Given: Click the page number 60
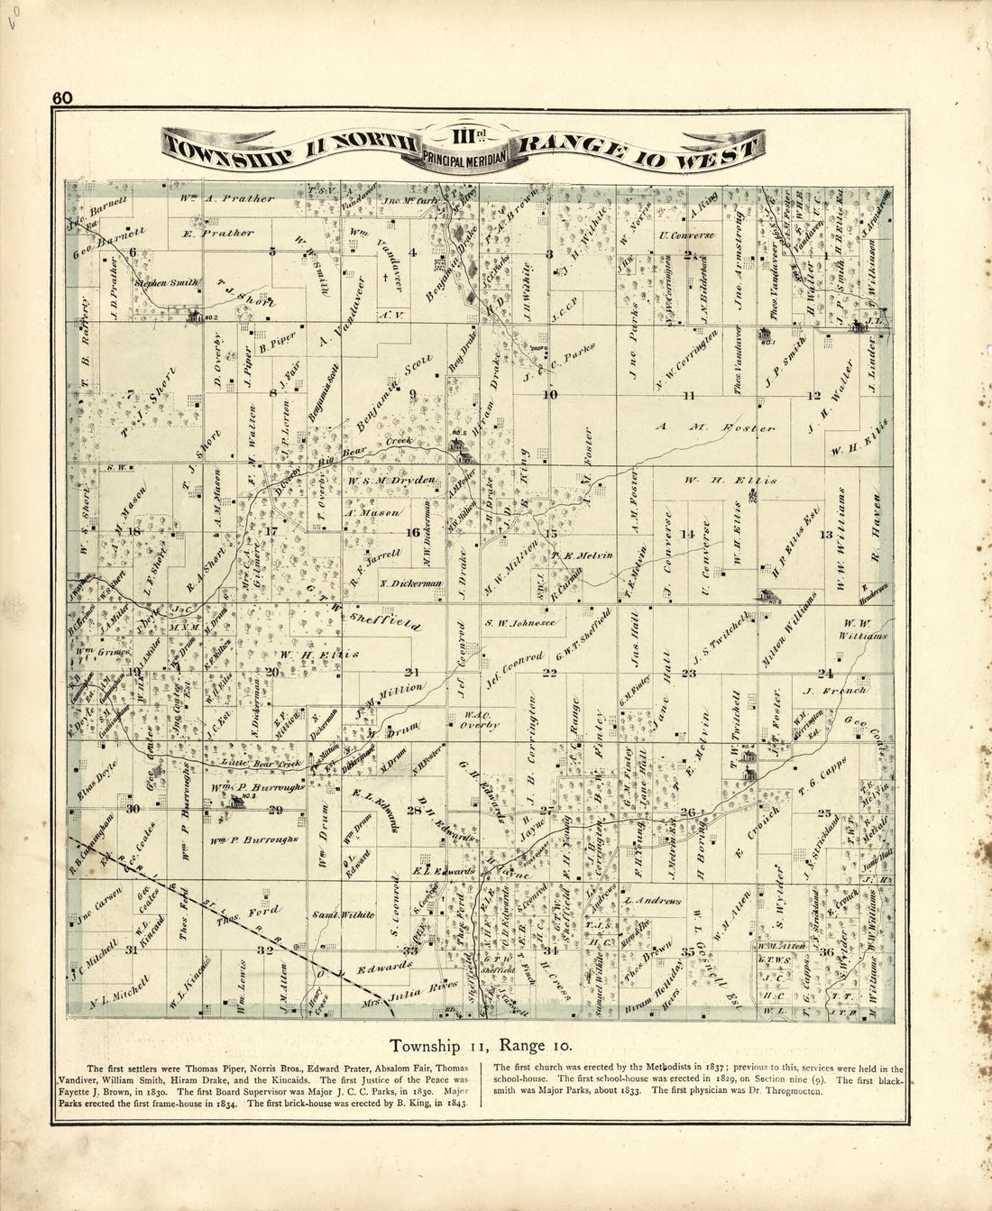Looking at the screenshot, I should (62, 98).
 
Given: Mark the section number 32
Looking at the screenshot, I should (264, 950).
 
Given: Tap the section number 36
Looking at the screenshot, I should (825, 952).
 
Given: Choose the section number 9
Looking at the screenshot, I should (413, 394).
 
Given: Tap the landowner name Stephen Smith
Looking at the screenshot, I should (166, 282).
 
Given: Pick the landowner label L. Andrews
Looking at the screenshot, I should (657, 900).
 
